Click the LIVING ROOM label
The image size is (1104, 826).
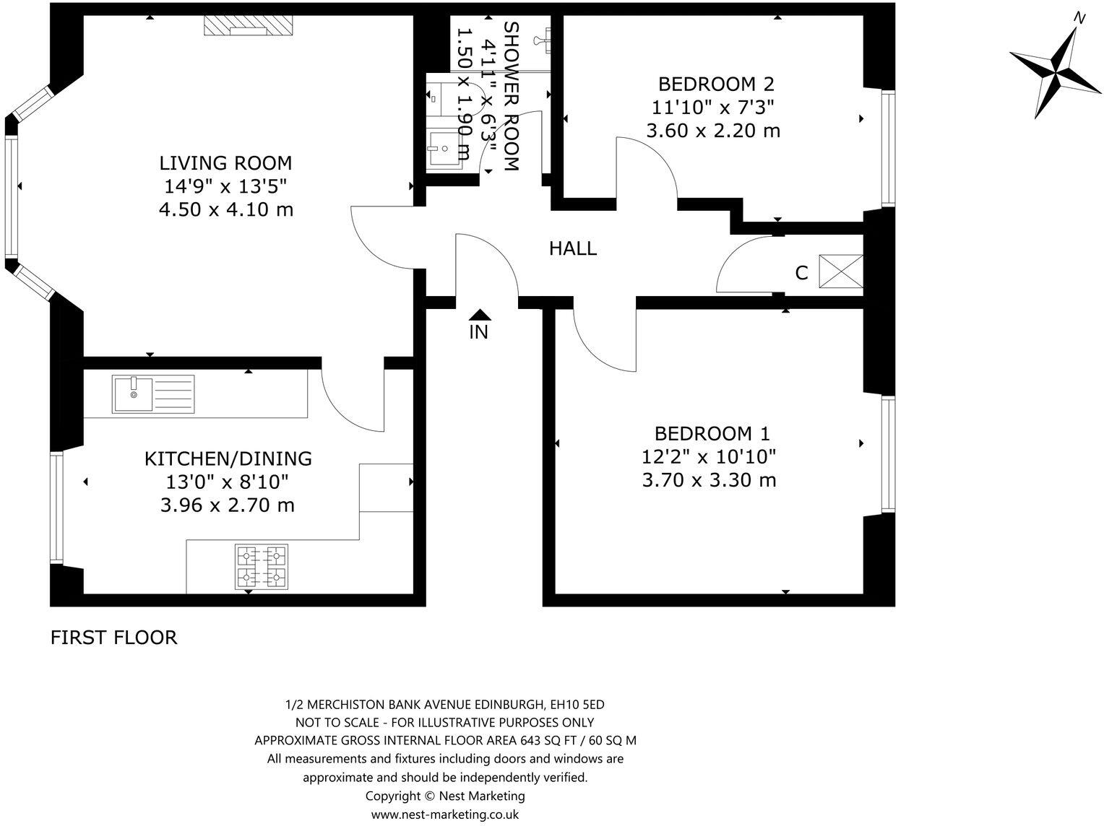tap(225, 162)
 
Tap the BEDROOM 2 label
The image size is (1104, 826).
tap(716, 83)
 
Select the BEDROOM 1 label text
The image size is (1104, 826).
tap(712, 433)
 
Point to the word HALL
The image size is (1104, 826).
tap(573, 248)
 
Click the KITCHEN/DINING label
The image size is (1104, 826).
tap(228, 458)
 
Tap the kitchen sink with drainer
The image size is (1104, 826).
tap(153, 394)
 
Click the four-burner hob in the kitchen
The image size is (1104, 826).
tap(262, 566)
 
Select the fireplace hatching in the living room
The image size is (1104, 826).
tap(248, 25)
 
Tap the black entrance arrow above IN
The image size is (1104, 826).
tap(480, 314)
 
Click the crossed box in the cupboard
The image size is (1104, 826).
tap(841, 272)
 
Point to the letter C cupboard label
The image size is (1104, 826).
tap(801, 273)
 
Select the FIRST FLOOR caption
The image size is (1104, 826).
tap(113, 638)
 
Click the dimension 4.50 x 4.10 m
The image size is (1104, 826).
tap(225, 210)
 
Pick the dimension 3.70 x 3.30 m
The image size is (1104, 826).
tap(709, 480)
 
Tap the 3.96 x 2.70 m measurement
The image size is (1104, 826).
tap(228, 505)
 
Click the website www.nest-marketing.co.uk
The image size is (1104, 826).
tap(445, 814)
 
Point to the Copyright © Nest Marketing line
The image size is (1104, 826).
tap(445, 796)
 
